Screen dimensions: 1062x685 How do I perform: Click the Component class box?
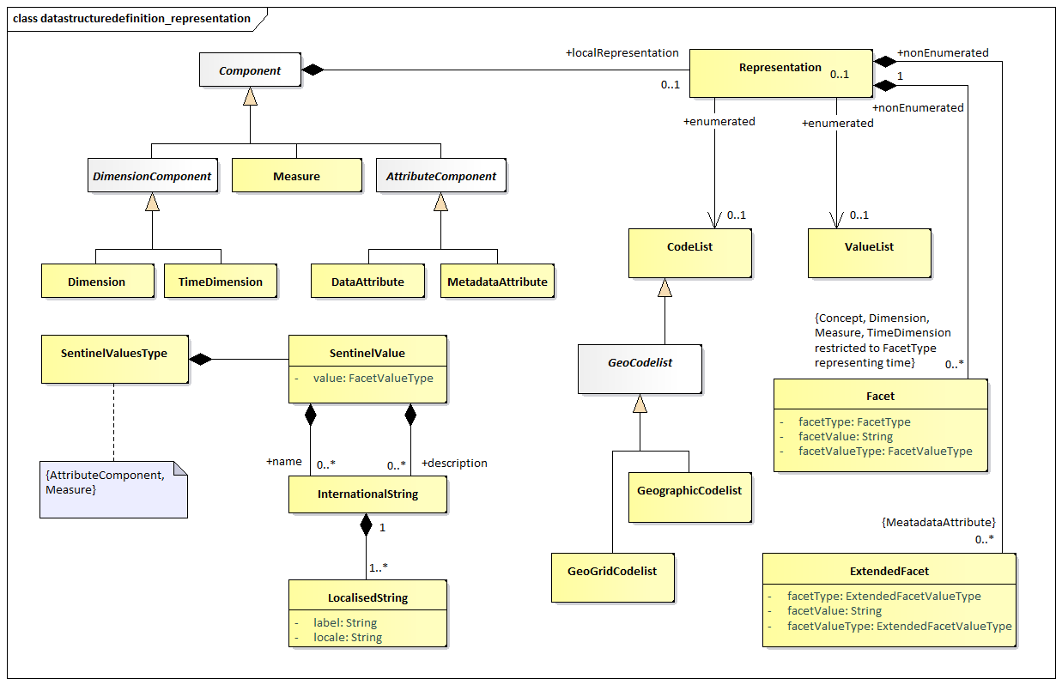[x=250, y=70]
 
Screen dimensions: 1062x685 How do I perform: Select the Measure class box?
[x=297, y=175]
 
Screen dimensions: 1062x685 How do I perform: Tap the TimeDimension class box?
[x=221, y=281]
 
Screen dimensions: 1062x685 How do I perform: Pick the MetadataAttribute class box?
[x=497, y=281]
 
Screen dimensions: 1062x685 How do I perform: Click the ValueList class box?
[x=870, y=253]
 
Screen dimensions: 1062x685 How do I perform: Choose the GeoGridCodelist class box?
[x=612, y=578]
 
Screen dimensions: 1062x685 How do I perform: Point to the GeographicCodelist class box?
[x=689, y=497]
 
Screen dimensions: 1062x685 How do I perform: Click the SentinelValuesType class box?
[x=115, y=359]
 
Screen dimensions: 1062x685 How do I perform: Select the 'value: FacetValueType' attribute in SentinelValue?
[x=373, y=379]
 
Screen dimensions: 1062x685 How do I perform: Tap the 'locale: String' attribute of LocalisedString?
[x=348, y=638]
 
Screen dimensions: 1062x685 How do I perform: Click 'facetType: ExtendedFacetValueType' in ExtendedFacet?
[x=883, y=596]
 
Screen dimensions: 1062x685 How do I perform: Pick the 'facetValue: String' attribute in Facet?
[x=846, y=437]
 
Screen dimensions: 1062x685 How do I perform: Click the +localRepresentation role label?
[x=622, y=52]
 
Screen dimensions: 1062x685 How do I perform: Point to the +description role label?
[x=454, y=464]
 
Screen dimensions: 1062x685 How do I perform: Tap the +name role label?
[x=283, y=462]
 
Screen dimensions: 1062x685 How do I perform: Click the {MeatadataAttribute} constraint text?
[x=938, y=523]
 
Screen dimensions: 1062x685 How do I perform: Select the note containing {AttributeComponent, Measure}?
[x=114, y=489]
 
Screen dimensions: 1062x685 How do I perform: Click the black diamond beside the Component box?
[x=313, y=70]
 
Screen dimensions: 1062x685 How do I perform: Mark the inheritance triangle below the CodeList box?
[x=665, y=288]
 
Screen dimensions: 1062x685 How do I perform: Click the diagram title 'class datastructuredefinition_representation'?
[x=131, y=19]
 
